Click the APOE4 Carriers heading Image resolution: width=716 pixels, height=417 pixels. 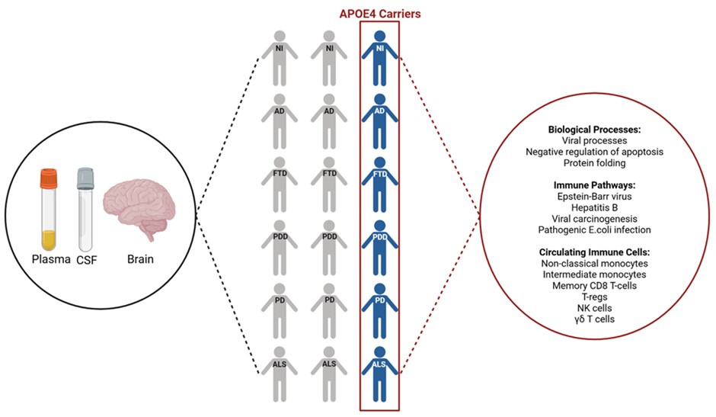click(379, 13)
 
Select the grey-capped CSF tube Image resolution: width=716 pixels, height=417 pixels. click(84, 202)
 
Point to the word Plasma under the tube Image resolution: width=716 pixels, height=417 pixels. click(48, 258)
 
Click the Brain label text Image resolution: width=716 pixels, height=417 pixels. click(139, 258)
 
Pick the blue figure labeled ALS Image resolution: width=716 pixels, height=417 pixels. click(379, 374)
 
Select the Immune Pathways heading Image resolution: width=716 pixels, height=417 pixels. click(594, 184)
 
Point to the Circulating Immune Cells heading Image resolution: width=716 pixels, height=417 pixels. click(594, 252)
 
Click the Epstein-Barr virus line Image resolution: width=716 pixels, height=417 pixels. click(594, 196)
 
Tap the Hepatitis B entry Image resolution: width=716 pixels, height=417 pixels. click(594, 207)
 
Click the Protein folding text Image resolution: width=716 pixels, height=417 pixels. click(594, 162)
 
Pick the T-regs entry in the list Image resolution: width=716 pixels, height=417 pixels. click(594, 296)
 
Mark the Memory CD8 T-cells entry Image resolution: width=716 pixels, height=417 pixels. click(594, 284)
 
